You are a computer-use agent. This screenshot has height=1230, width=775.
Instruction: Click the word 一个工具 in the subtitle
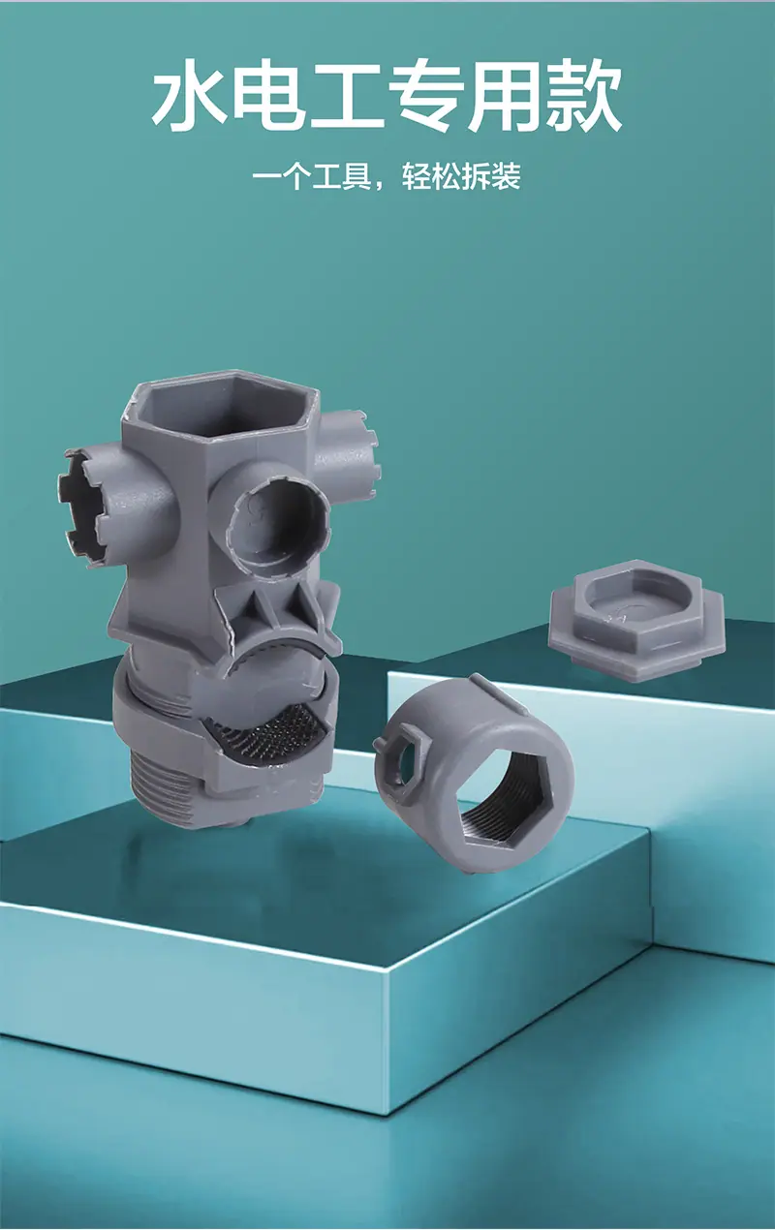(312, 176)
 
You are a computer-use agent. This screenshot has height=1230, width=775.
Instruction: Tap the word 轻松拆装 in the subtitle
(461, 176)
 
